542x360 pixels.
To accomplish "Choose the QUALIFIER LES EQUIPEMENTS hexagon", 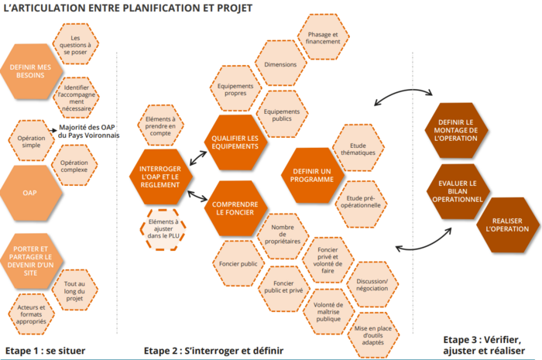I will point(235,142).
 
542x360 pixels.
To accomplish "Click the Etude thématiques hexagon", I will point(357,147).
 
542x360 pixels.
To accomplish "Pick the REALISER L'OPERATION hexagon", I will point(502,225).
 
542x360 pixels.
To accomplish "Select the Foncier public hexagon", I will point(237,264).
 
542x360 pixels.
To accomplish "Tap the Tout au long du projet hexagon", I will point(75,290).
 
